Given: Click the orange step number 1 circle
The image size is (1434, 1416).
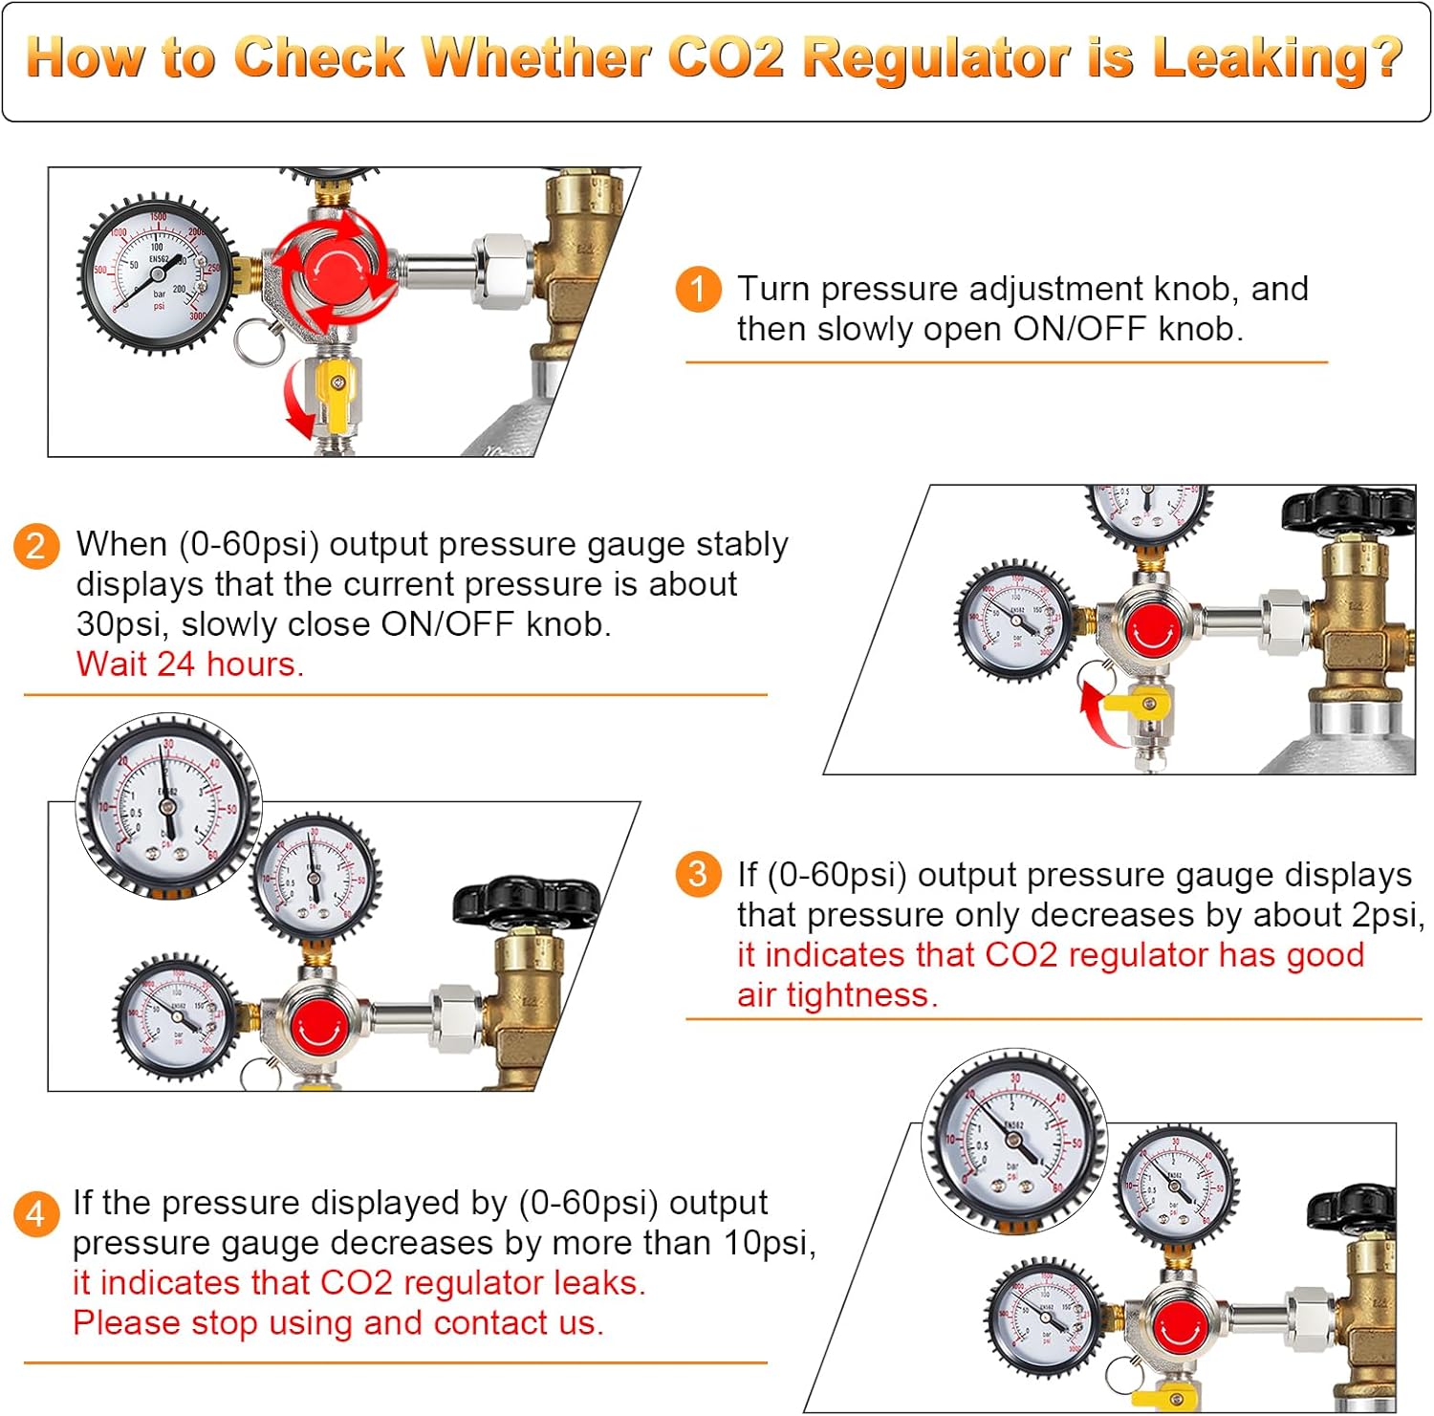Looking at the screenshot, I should point(698,289).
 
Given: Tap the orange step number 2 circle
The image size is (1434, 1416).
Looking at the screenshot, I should point(36,545).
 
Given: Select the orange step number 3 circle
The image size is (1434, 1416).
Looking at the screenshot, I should point(698,875).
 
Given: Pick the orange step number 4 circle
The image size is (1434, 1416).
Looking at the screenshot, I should point(36,1213).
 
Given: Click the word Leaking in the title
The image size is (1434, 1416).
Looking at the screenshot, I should point(1277,57).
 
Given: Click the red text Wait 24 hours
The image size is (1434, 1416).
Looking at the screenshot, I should point(189,664).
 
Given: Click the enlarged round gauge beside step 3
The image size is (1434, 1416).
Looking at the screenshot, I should point(168,805).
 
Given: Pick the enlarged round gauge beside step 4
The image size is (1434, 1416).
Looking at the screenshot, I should point(1013,1139).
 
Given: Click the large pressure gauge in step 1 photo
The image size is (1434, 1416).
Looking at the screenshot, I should point(156,272).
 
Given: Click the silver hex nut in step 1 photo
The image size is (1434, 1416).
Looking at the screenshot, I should point(503,272).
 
